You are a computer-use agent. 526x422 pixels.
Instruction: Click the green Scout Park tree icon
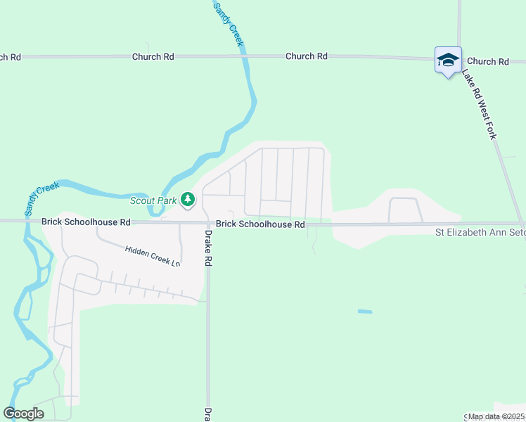[187, 200]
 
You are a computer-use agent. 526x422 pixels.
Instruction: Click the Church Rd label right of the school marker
[487, 62]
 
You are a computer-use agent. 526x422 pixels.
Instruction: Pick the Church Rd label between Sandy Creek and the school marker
[307, 56]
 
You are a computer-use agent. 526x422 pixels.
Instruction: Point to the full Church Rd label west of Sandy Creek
[153, 56]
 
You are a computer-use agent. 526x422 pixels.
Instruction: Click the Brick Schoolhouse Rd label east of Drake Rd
[260, 224]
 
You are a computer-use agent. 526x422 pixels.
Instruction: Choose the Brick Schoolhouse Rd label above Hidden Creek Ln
[86, 222]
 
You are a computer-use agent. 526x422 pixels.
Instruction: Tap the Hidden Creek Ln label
[153, 255]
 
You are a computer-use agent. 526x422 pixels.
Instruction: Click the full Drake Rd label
[208, 247]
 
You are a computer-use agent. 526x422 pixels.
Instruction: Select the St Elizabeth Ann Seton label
[480, 231]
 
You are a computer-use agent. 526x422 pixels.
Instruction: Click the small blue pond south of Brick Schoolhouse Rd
[364, 311]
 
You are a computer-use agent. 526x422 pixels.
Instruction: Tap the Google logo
[23, 413]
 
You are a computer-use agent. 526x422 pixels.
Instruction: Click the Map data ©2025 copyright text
[496, 416]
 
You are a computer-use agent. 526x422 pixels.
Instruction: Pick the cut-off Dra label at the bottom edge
[208, 414]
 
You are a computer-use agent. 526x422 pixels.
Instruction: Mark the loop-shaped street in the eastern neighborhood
[404, 209]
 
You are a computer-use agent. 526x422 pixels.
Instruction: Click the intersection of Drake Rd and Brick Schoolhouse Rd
[207, 223]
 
